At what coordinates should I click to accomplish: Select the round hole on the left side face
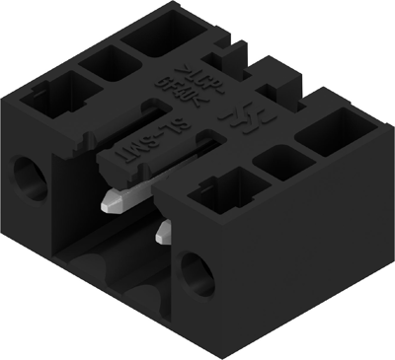[29, 177]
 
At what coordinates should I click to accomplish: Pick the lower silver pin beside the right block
[163, 232]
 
